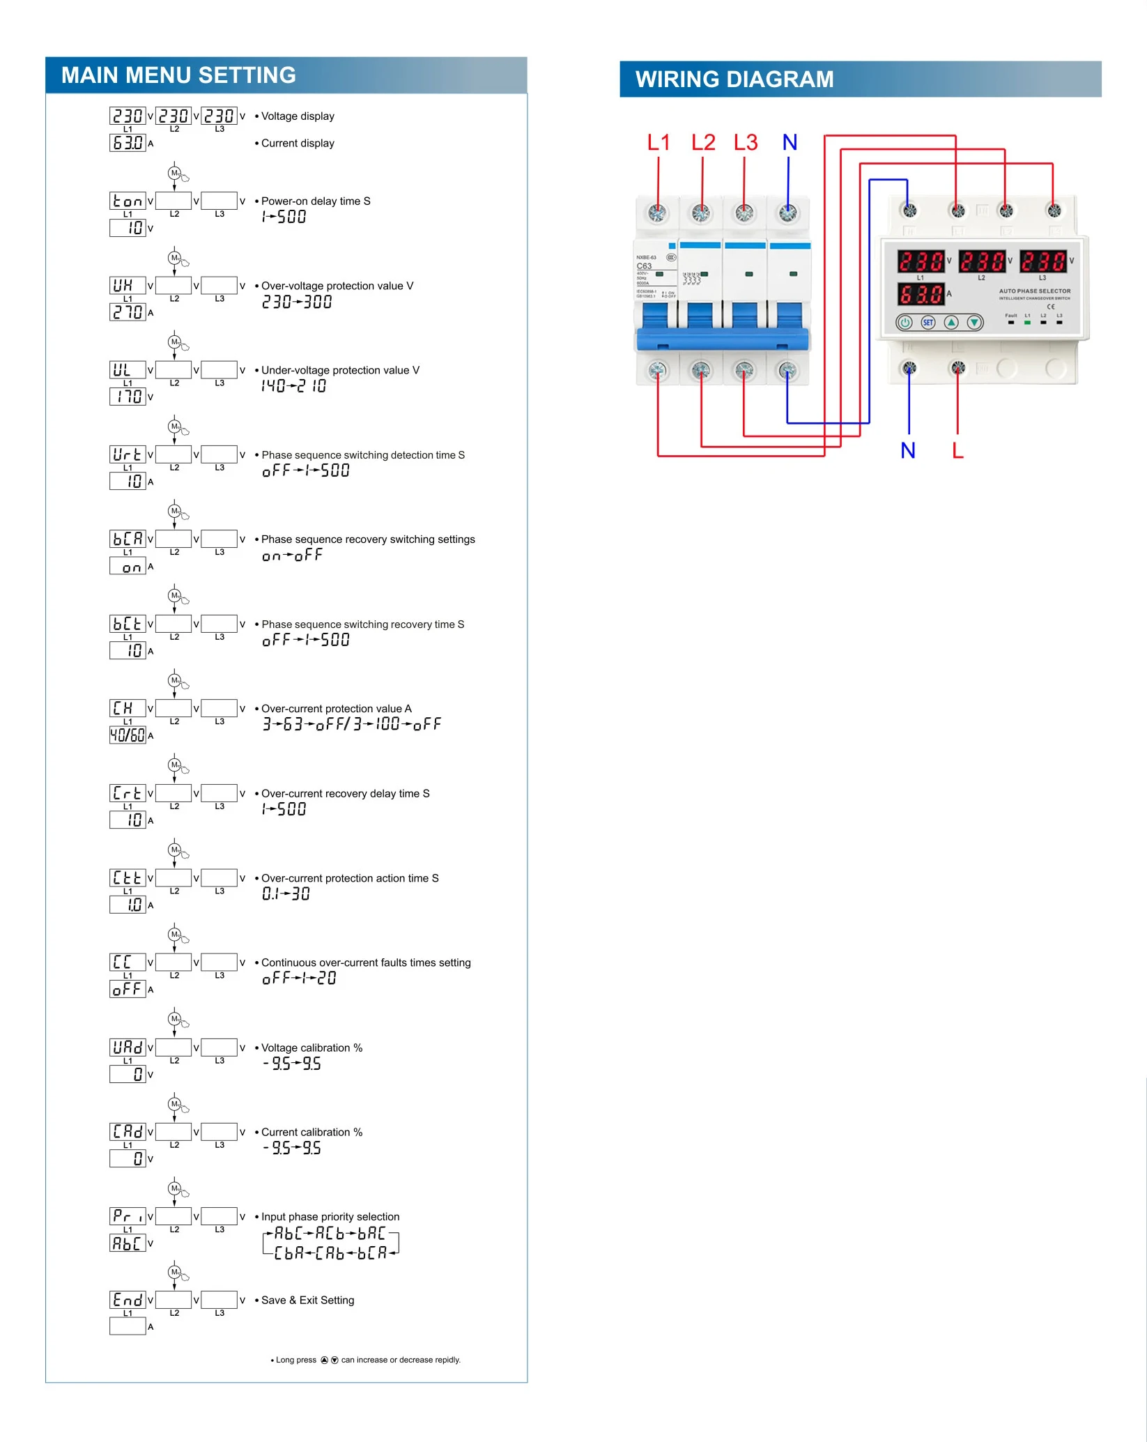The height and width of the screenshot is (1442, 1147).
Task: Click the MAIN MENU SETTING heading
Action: tap(178, 75)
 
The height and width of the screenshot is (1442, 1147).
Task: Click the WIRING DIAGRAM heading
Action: tap(734, 79)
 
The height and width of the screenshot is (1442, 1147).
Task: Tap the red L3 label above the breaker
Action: tap(746, 143)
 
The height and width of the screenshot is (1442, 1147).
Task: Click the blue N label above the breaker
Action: tap(790, 143)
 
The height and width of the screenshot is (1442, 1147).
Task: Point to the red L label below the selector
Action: tap(958, 451)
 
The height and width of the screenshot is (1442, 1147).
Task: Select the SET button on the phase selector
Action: tap(928, 323)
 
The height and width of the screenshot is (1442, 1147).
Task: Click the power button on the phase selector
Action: tap(905, 323)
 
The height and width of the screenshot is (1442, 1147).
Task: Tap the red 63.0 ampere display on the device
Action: tap(921, 294)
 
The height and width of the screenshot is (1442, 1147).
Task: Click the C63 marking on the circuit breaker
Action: tap(645, 266)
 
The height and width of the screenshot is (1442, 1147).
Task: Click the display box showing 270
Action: tap(128, 312)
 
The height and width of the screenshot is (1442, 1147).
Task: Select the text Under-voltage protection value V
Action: tap(340, 370)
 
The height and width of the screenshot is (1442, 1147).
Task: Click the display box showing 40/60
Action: tap(128, 735)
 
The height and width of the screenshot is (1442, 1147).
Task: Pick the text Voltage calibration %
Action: tap(311, 1048)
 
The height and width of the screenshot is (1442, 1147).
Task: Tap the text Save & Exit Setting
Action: tap(307, 1300)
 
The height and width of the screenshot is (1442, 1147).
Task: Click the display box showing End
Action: tap(128, 1300)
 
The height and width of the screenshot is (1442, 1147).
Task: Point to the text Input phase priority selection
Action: tap(330, 1216)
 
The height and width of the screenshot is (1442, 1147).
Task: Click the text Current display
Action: tap(298, 143)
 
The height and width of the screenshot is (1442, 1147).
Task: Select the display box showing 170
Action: tap(128, 397)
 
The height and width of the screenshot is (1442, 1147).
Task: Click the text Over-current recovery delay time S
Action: tap(345, 793)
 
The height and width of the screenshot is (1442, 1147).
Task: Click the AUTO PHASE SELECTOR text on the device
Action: tap(1034, 291)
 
